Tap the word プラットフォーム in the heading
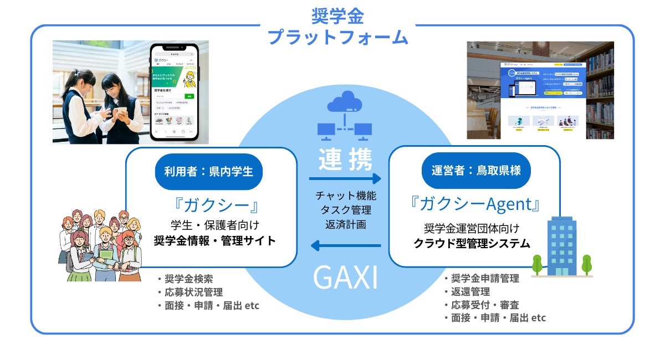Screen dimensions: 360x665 click(x=338, y=38)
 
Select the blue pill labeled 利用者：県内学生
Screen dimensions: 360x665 click(x=208, y=171)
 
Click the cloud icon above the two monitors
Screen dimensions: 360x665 click(x=344, y=103)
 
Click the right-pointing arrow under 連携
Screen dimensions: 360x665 click(x=345, y=178)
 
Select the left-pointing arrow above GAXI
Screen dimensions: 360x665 click(x=345, y=245)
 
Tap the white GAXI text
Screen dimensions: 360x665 click(x=345, y=279)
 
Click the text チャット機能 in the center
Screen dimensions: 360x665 click(x=345, y=196)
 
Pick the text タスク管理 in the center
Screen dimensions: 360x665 click(x=345, y=210)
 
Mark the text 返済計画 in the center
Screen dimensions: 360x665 click(x=345, y=225)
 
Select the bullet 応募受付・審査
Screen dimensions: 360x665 click(x=481, y=305)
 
